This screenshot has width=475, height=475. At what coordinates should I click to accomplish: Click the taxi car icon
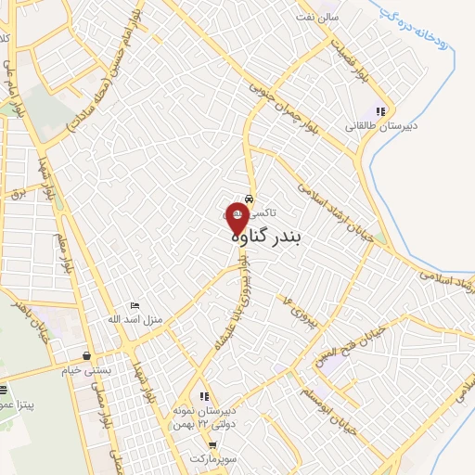point(249,197)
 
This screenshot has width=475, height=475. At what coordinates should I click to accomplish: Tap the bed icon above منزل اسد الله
point(135,305)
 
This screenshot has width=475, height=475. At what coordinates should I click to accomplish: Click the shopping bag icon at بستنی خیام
point(86,354)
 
